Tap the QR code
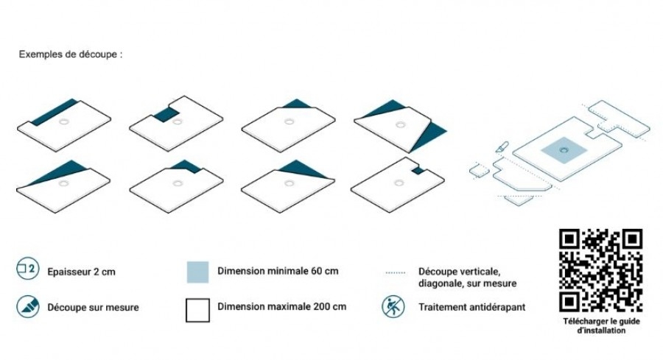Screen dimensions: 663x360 tap(601, 270)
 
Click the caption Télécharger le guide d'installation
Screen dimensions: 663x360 tap(601, 326)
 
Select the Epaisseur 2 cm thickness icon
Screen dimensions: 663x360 tap(28, 269)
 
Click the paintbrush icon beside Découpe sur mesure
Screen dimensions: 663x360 tap(28, 306)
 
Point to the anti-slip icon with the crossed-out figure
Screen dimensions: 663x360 tap(393, 307)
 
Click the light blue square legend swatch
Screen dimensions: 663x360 tap(198, 272)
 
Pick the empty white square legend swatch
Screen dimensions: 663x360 tap(197, 310)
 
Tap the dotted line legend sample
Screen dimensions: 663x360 tap(396, 272)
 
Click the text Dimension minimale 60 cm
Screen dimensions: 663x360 tap(278, 271)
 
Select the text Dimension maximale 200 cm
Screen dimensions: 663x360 tap(281, 307)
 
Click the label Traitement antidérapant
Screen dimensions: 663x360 tap(472, 307)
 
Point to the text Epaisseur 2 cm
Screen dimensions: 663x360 tap(81, 272)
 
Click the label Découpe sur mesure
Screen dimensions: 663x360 tap(93, 308)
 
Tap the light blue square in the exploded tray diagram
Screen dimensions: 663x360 tap(564, 150)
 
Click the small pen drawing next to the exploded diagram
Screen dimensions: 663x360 tap(502, 147)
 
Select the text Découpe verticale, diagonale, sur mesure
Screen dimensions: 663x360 tap(467, 278)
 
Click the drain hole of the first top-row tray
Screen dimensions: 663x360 tap(64, 122)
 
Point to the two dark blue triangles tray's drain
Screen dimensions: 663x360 tap(401, 125)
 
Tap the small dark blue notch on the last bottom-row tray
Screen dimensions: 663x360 tap(418, 170)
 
